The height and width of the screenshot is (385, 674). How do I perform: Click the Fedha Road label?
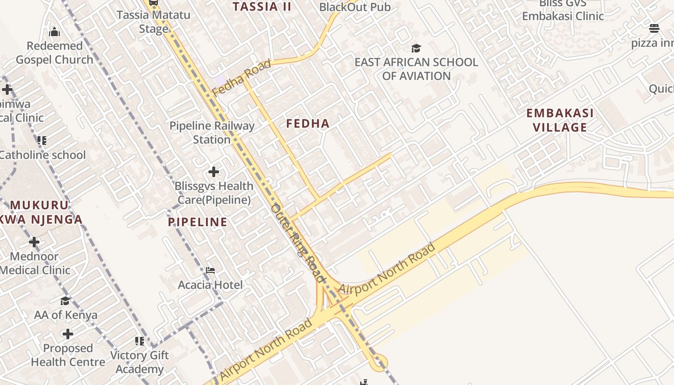[x=242, y=77]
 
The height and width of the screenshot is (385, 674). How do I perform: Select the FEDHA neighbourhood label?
[x=308, y=124]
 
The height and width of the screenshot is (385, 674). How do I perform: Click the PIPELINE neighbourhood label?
[x=197, y=222]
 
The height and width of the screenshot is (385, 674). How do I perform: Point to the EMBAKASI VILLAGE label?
[x=559, y=120]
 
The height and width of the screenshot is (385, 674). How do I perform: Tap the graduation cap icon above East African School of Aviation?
[x=416, y=48]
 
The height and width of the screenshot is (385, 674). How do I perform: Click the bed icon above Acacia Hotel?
[x=210, y=270]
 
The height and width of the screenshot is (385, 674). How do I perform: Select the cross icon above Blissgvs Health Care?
[x=214, y=171]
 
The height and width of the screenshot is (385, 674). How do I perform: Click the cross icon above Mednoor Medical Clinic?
[x=34, y=242]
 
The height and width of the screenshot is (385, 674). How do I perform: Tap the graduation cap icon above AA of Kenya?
[x=65, y=301]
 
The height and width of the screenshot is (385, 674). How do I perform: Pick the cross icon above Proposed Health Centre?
[x=68, y=334]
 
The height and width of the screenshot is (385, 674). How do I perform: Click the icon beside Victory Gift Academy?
[x=140, y=341]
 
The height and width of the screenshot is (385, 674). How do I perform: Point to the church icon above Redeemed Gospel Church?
[x=54, y=32]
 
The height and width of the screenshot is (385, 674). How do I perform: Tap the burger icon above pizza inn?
[x=654, y=28]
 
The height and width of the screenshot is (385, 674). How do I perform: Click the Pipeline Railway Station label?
[x=212, y=132]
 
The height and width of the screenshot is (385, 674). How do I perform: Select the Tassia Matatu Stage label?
[x=154, y=22]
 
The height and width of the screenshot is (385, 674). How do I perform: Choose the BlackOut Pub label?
[x=355, y=7]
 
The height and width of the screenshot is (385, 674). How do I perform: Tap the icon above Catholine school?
[x=42, y=141]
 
